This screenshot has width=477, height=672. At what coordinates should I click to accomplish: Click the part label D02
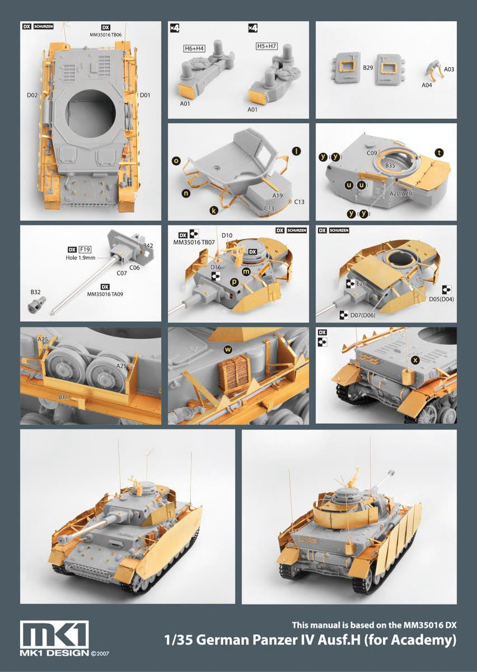point(32,95)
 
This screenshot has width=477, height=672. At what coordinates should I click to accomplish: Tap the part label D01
point(145,95)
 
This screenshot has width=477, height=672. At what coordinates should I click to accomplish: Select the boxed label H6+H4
point(194,48)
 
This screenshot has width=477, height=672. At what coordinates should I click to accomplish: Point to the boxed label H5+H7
point(266,46)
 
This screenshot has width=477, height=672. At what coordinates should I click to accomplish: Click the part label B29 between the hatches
point(368,68)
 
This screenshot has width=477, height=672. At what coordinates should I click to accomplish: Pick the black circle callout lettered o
point(176,161)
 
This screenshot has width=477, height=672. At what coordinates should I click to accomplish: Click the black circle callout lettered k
point(214,211)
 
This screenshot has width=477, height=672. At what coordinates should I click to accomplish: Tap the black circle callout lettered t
point(439,153)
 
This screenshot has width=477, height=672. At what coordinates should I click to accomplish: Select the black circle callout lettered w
point(228,349)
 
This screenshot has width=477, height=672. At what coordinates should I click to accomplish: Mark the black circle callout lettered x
point(415,360)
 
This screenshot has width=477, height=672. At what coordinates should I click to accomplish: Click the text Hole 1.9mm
point(81,258)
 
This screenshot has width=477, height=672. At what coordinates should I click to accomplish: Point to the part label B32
point(35,292)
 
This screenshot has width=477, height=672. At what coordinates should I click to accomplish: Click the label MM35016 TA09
point(105,295)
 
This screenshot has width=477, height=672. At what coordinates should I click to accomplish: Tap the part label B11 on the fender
point(63,397)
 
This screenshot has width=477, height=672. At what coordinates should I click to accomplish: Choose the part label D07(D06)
point(363,315)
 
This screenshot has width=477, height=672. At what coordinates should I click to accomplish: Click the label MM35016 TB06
point(106,35)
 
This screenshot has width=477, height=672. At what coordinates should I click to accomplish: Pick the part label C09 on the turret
point(372,153)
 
